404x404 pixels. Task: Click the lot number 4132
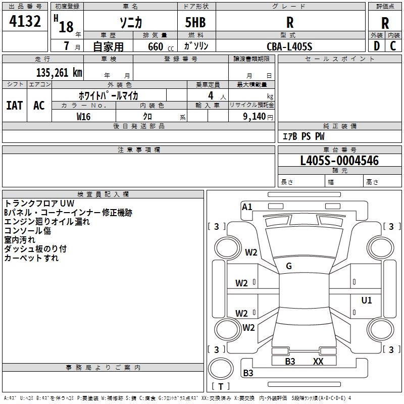pos(25,21)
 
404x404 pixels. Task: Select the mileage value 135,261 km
pos(59,73)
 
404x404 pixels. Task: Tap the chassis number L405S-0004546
pos(339,161)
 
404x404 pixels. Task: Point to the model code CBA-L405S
pos(289,46)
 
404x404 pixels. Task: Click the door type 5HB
pos(195,22)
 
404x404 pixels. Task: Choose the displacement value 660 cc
pos(161,47)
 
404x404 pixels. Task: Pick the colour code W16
pos(83,117)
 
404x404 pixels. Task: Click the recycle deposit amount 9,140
pos(255,117)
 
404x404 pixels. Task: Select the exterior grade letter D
pos(377,46)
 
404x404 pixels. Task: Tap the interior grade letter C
pos(393,46)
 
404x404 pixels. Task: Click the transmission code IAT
pos(15,106)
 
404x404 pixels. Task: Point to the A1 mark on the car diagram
pos(247,207)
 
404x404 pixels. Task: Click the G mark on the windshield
pos(289,266)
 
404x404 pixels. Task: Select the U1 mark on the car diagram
pos(367,300)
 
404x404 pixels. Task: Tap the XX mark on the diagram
pos(318,361)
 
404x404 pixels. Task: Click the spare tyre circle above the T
pos(221,369)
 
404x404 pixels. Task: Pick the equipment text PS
pos(306,136)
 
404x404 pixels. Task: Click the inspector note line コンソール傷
pos(28,231)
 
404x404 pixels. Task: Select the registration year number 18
pos(66,27)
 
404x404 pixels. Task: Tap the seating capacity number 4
pos(211,95)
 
